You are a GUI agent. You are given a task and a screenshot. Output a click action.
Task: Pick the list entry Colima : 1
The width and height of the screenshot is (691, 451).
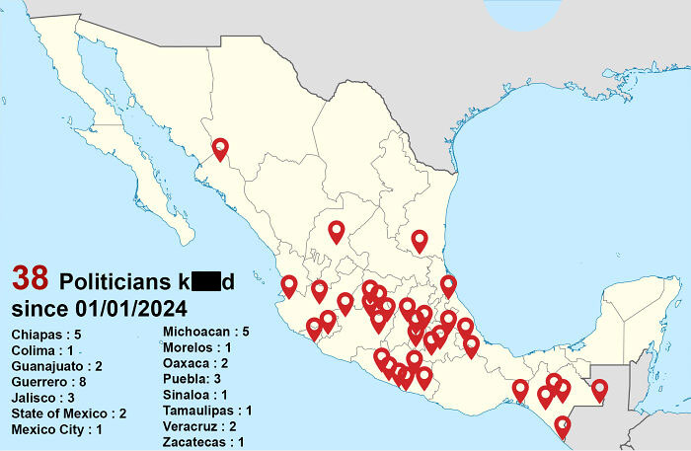42,350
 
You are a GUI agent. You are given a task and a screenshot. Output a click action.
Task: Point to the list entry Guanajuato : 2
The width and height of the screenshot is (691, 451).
56,366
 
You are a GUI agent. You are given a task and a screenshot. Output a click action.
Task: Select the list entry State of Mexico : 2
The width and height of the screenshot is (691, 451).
69,413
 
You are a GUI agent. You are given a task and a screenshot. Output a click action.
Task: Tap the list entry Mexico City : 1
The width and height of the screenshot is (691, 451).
56,429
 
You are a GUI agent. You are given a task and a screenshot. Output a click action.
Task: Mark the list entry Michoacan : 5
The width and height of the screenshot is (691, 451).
205,332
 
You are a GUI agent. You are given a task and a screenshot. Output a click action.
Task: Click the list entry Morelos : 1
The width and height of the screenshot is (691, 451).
197,347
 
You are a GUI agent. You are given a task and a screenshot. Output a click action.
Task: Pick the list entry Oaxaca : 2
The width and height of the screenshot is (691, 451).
195,363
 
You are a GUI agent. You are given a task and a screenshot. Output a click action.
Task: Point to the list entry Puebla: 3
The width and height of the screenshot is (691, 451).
192,379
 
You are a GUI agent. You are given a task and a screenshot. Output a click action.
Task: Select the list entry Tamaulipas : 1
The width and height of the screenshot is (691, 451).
207,411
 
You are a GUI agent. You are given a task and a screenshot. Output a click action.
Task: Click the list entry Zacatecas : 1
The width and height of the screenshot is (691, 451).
203,442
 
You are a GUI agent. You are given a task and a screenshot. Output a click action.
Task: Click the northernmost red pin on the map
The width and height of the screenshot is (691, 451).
220,148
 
